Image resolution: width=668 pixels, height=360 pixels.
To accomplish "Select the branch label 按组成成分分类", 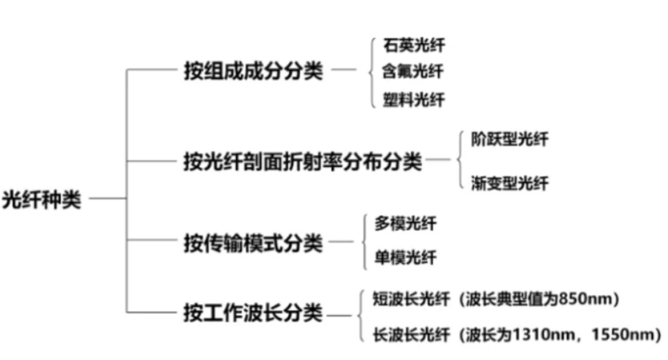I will click(x=253, y=72).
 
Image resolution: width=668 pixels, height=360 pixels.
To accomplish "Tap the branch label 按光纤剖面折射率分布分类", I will click(x=302, y=161).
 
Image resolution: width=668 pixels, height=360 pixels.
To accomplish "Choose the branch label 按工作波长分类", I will click(x=253, y=313).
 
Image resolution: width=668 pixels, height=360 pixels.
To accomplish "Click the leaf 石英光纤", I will click(x=414, y=44).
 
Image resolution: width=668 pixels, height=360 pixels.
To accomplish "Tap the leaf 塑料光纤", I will click(x=414, y=100).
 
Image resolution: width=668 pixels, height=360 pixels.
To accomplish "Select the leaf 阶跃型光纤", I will click(x=510, y=140).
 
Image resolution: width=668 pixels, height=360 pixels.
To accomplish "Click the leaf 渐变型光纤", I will click(x=510, y=183).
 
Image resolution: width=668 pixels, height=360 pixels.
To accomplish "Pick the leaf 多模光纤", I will click(x=405, y=223).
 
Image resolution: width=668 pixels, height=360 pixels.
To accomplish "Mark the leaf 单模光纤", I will click(x=405, y=257).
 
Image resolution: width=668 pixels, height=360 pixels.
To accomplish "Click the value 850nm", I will click(x=585, y=300).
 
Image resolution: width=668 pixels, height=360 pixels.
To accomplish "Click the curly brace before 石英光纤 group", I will click(x=371, y=72).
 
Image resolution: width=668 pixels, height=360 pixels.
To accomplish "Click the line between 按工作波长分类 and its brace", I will click(x=339, y=316).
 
